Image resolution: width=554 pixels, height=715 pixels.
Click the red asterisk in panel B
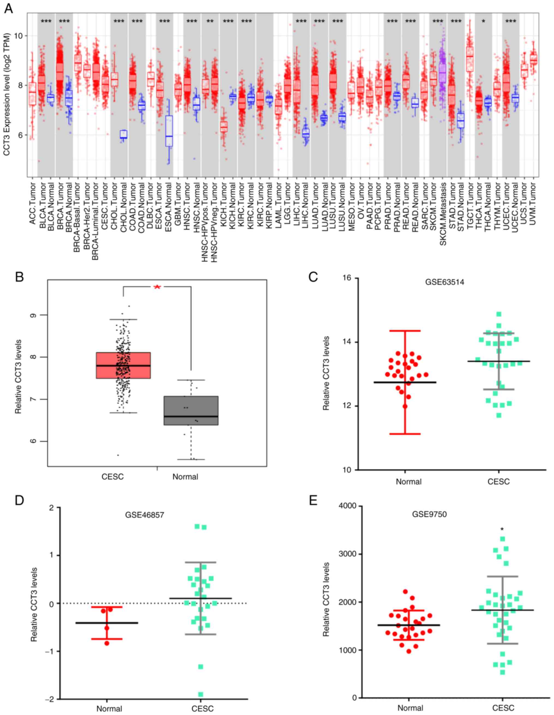(x=157, y=287)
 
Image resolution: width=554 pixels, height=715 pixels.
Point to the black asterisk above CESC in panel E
(x=502, y=529)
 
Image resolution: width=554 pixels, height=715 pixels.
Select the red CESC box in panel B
(x=123, y=365)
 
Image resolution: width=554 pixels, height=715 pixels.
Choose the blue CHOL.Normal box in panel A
(x=124, y=134)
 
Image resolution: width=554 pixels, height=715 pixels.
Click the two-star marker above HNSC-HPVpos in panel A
(x=210, y=22)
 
